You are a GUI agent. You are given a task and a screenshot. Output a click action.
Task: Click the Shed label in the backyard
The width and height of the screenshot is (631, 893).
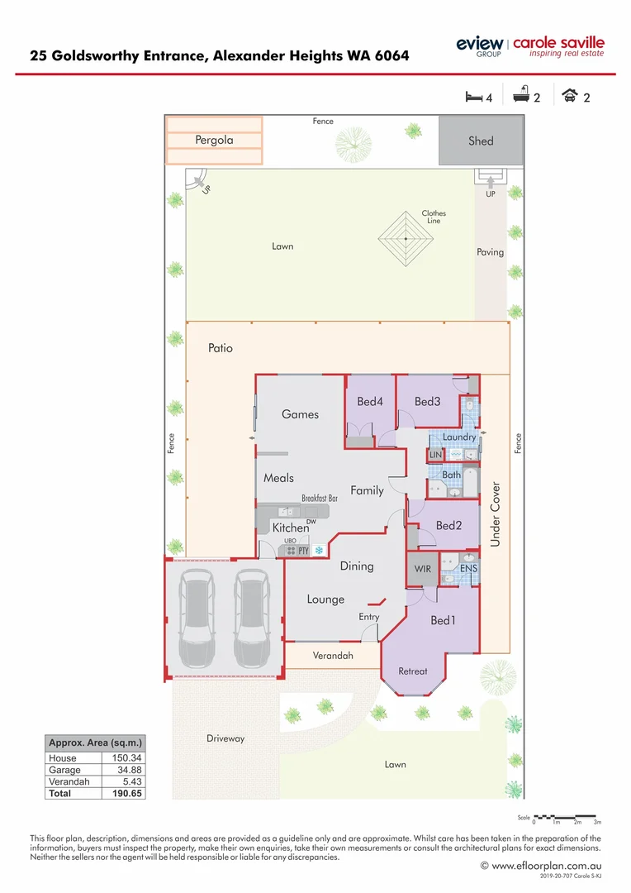481,141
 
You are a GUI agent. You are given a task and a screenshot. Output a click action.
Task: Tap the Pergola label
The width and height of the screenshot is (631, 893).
214,140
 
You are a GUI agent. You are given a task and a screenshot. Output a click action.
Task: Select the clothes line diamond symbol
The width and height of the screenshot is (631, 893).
406,238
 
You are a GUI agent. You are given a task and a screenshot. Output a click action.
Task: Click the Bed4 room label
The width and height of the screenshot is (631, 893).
370,402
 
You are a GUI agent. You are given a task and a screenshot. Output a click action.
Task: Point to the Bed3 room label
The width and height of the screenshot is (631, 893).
427,402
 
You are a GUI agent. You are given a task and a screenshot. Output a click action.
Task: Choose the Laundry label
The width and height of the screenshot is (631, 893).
459,437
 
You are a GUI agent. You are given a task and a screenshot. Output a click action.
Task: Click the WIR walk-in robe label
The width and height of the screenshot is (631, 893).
421,569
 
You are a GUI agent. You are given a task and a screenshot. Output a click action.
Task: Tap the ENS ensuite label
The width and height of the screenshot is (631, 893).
468,569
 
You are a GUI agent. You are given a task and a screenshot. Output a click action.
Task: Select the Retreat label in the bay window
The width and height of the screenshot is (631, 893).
413,671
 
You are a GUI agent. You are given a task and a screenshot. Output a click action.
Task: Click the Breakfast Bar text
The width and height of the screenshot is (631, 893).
320,499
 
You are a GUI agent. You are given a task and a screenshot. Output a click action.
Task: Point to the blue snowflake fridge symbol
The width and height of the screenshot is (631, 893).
318,550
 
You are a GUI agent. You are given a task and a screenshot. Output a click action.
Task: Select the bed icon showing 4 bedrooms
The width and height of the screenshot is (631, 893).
473,97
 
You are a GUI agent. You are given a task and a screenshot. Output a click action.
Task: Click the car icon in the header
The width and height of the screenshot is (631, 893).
570,97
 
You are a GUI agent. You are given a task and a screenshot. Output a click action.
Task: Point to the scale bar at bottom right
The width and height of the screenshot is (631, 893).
567,816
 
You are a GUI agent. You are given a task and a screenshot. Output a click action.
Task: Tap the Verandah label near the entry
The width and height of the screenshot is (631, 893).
333,656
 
